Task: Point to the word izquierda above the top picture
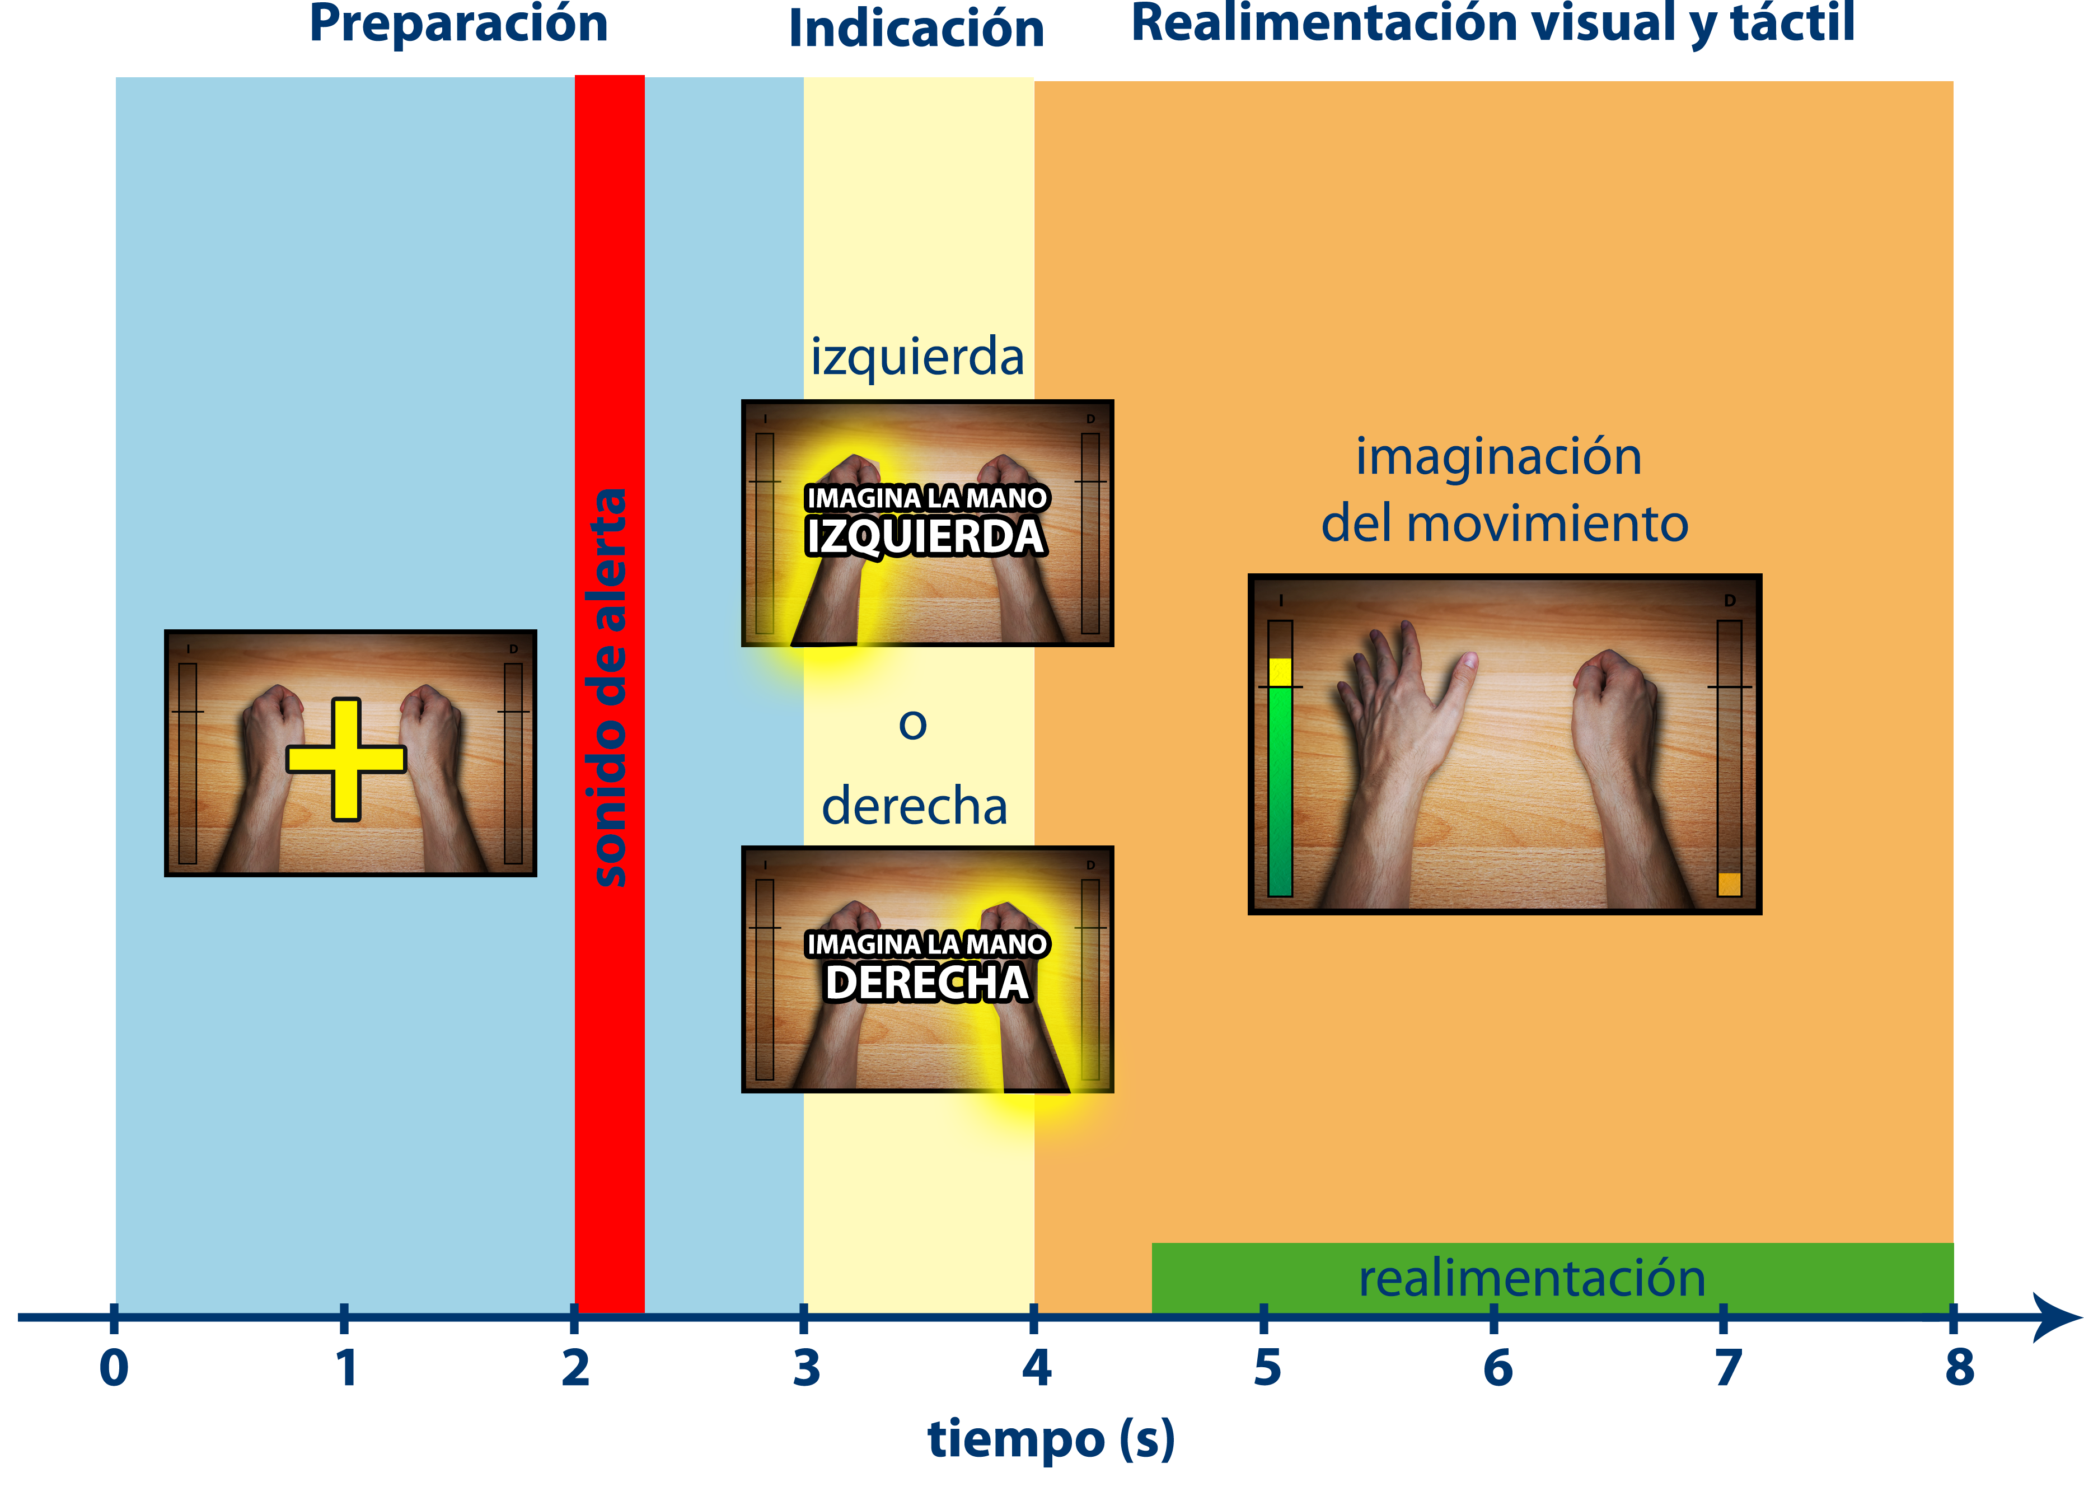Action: tap(917, 357)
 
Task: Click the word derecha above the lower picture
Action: tap(914, 806)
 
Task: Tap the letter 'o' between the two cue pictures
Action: tap(912, 724)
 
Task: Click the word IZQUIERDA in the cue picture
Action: tap(925, 537)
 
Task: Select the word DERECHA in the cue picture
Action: tap(926, 983)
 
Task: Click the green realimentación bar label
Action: tap(1532, 1278)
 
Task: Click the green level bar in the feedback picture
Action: tap(1280, 790)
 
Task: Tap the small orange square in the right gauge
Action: tap(1729, 884)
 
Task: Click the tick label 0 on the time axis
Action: tap(114, 1367)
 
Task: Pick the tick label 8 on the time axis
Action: tap(1959, 1367)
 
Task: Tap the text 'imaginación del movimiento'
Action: tap(1504, 490)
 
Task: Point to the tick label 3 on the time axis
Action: tap(806, 1367)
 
